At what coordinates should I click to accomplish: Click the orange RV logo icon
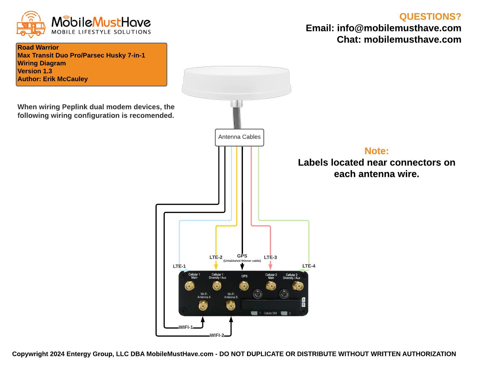pos(31,24)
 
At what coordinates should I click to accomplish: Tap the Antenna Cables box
pos(239,137)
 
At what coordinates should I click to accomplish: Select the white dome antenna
pos(236,83)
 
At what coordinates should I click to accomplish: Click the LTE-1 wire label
pos(179,266)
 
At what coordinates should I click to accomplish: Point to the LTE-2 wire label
pos(216,257)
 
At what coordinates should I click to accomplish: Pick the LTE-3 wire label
pos(270,257)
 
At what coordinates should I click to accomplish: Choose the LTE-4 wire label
pos(309,266)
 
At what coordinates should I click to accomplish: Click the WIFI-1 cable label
pos(186,327)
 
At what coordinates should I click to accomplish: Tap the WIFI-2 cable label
pos(217,335)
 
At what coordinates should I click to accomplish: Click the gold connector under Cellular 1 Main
pos(190,286)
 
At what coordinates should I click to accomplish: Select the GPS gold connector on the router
pos(244,286)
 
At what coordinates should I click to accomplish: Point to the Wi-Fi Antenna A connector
pos(203,306)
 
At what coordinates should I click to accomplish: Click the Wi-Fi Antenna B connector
pos(230,306)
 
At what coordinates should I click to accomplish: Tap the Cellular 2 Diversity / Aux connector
pos(298,286)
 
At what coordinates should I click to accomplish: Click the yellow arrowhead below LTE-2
pos(216,267)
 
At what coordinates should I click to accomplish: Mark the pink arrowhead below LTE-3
pos(270,267)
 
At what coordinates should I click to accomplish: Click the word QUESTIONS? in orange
pos(430,17)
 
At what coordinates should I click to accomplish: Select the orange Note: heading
pos(376,151)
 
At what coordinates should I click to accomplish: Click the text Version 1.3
pos(35,71)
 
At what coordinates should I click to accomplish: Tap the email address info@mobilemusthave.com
pos(399,28)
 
